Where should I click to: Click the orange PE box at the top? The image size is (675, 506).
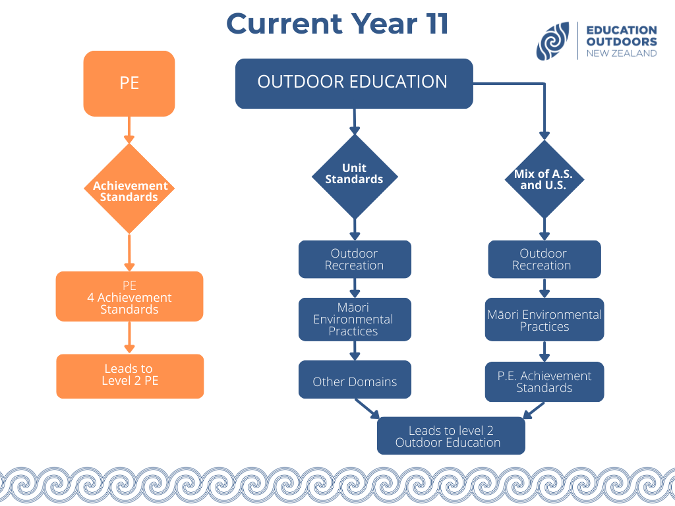(129, 84)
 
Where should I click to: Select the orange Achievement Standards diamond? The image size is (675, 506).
(129, 188)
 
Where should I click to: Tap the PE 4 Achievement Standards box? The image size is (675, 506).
(130, 296)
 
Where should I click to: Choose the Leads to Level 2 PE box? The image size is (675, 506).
(130, 376)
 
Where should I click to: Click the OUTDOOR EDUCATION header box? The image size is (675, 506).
(354, 84)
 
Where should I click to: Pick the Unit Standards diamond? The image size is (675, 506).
(355, 177)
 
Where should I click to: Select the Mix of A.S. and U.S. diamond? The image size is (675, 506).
(544, 179)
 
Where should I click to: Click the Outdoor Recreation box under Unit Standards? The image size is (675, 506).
(355, 259)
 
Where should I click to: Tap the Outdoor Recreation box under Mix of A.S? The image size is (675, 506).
(544, 259)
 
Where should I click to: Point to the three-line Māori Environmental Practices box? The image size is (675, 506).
(355, 320)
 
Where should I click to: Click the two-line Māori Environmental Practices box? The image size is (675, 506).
(544, 320)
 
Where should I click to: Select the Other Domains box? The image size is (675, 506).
(355, 379)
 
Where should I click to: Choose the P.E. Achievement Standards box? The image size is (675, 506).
(544, 381)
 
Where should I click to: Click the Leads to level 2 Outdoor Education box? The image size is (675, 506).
(451, 436)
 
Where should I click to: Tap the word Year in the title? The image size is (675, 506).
(384, 24)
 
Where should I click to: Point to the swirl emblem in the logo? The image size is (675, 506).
(553, 41)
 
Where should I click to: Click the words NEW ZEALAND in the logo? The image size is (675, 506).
(622, 53)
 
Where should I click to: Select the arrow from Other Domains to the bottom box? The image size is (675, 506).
(367, 408)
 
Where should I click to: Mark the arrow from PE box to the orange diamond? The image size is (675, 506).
(129, 130)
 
